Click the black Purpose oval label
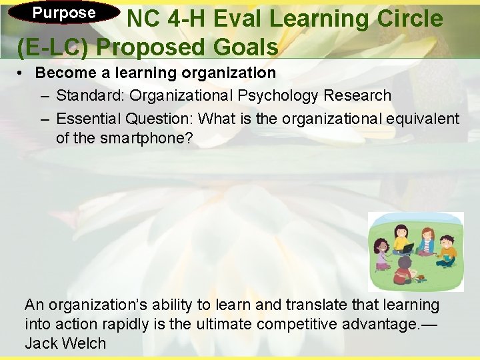click(x=64, y=13)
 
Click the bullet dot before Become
click(x=21, y=73)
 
